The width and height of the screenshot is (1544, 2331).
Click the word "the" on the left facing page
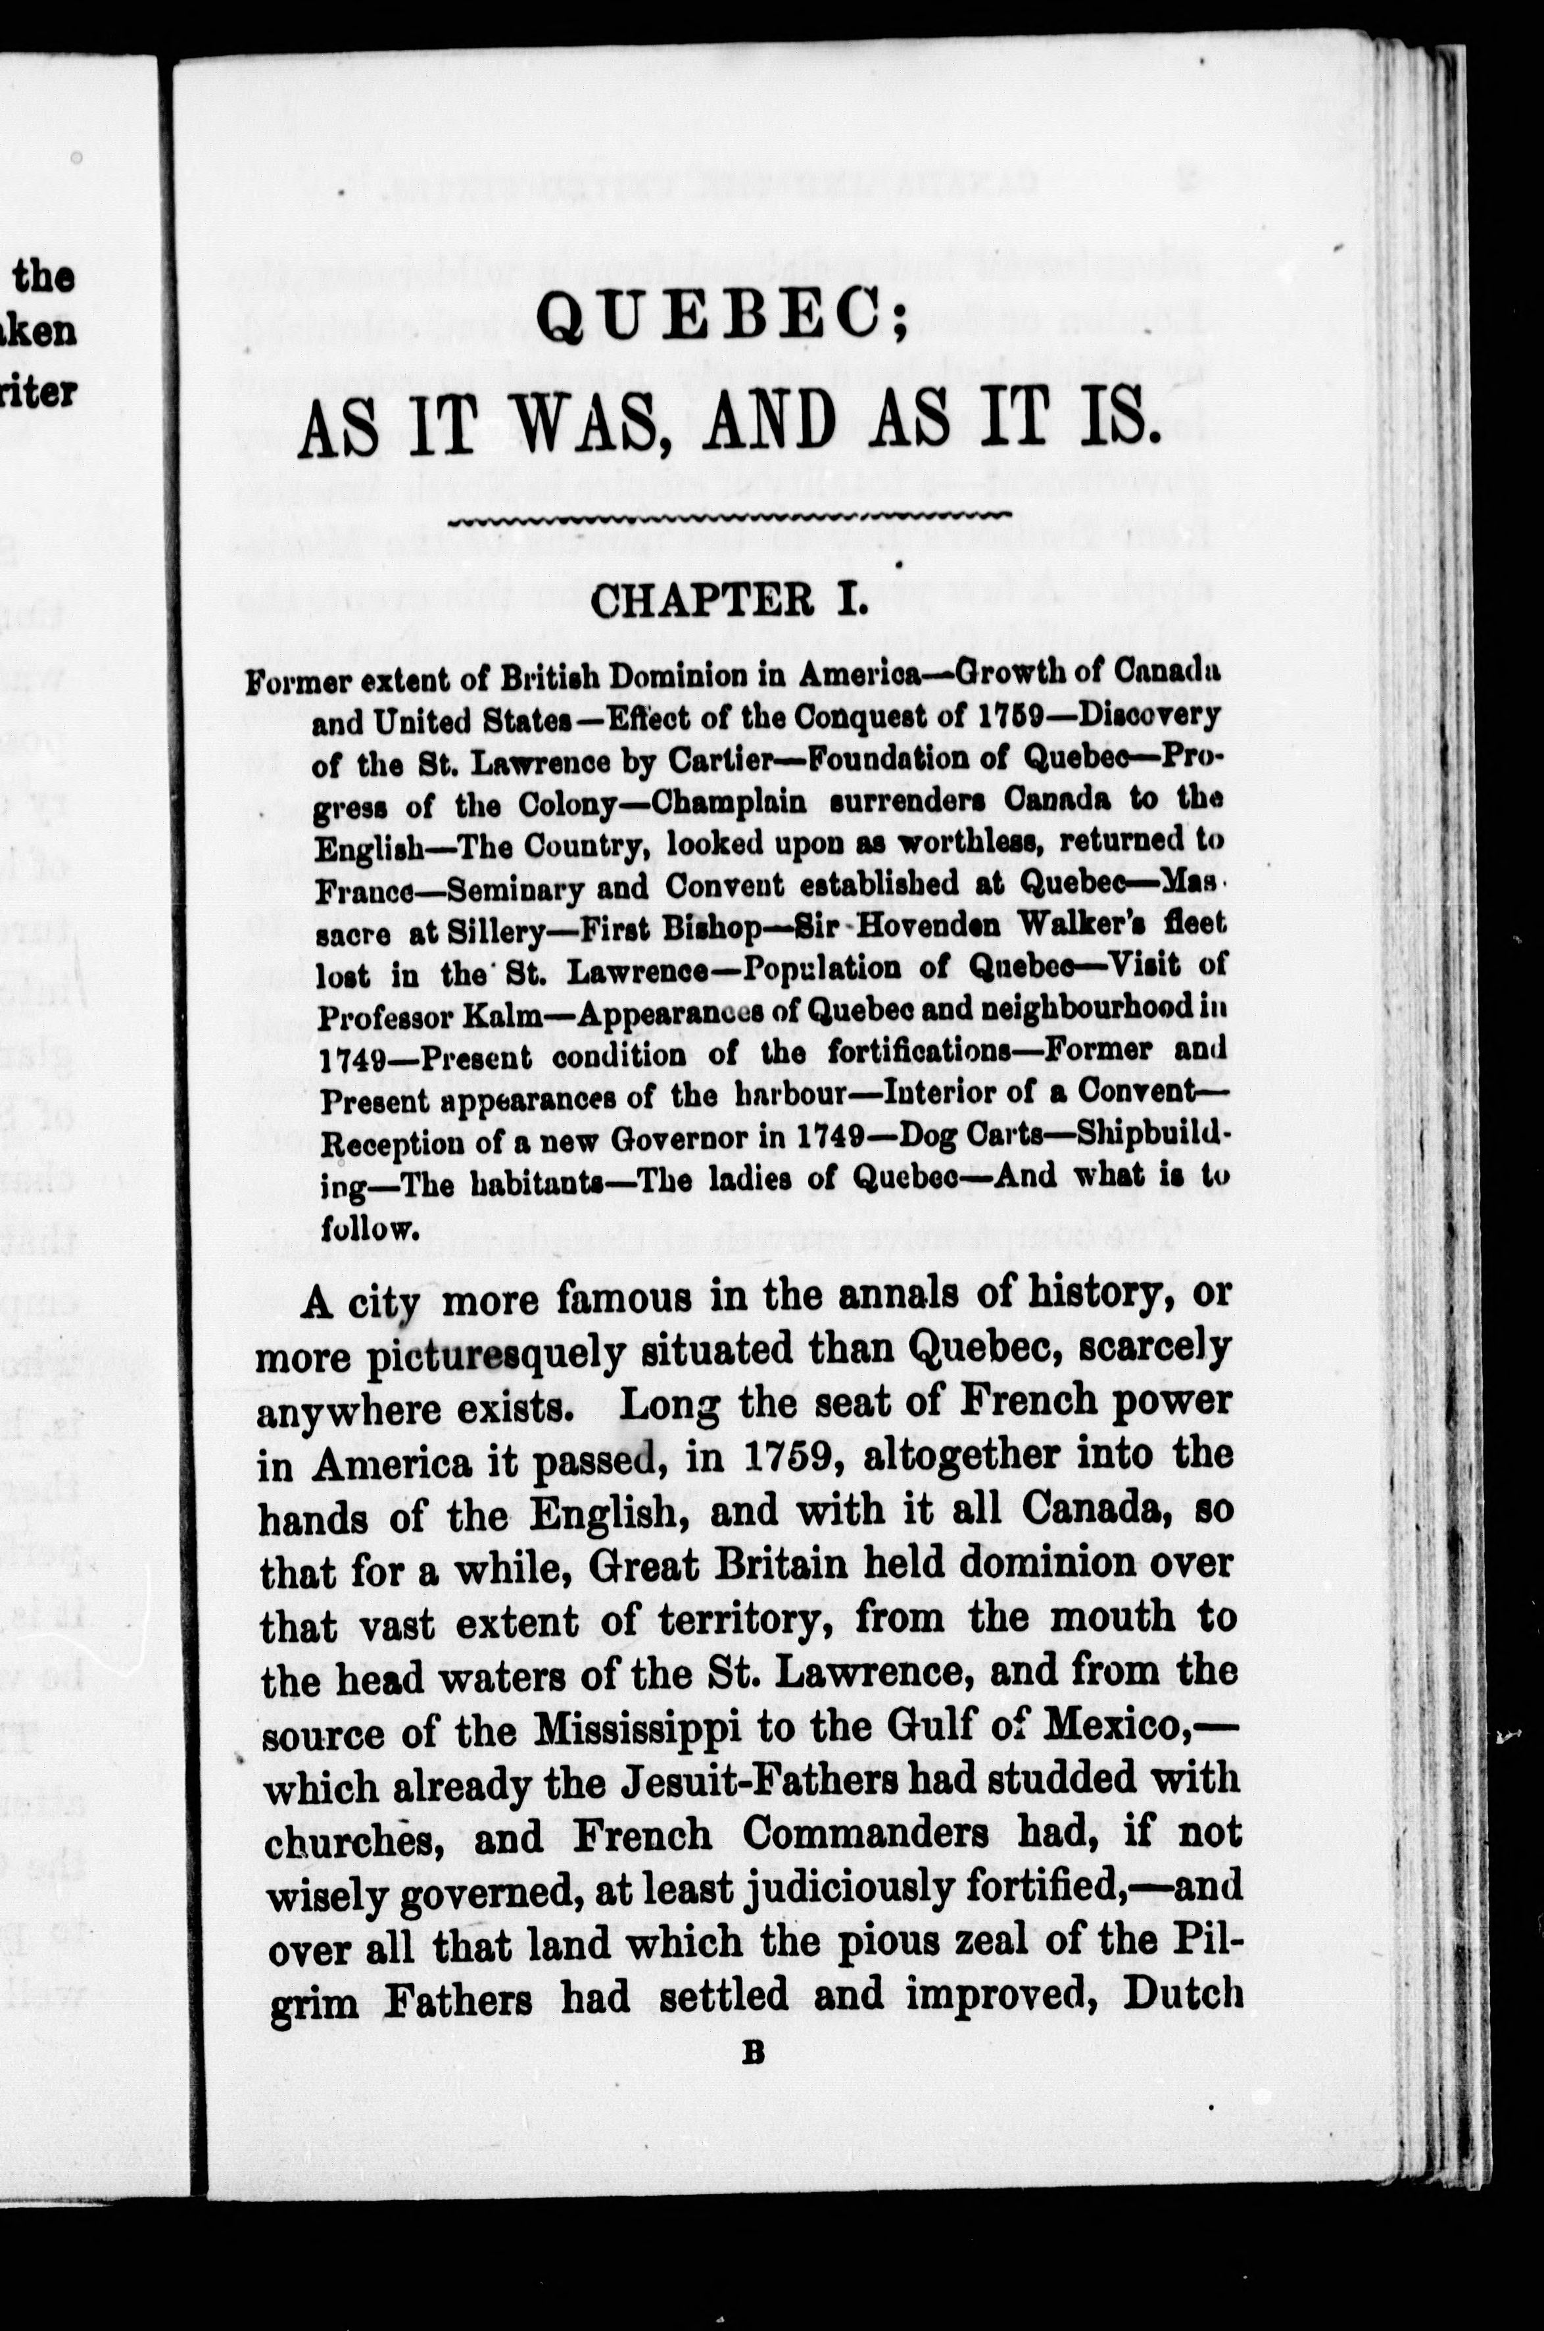(43, 277)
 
